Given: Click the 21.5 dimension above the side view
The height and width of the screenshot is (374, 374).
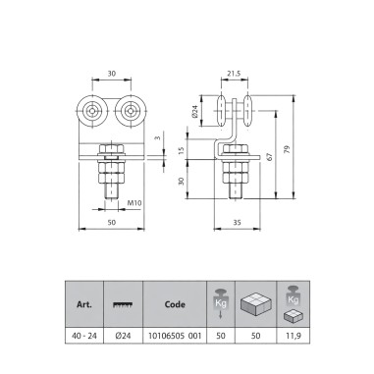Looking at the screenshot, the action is (x=234, y=74).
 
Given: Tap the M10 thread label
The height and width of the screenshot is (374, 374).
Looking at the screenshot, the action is (x=134, y=203).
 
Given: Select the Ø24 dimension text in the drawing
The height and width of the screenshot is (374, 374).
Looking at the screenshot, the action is (x=195, y=111).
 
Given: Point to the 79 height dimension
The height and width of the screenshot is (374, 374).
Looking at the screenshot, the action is (x=287, y=150).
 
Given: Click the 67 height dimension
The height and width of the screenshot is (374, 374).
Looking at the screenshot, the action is (x=270, y=156).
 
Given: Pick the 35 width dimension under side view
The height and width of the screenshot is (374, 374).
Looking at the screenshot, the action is (x=237, y=223).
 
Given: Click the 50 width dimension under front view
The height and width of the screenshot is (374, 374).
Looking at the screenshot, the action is (x=112, y=223).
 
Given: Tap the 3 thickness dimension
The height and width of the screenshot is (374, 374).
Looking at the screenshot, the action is (x=158, y=137).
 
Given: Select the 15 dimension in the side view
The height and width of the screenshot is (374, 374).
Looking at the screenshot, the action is (x=182, y=150).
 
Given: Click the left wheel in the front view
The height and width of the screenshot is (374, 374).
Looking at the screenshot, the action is (x=92, y=111).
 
